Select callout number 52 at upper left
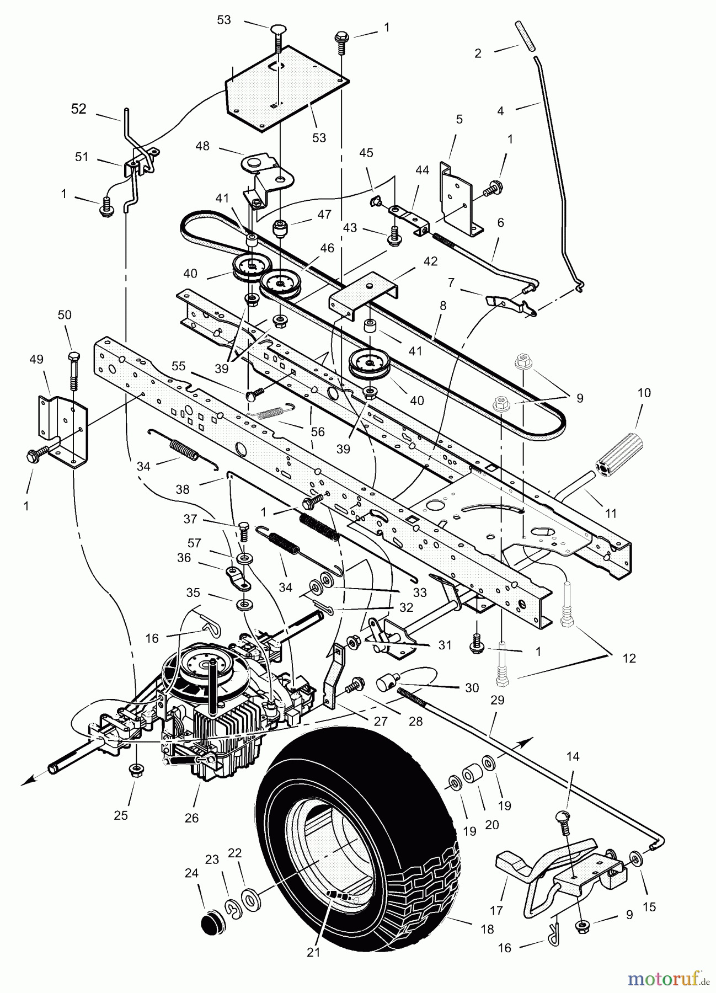tap(79, 109)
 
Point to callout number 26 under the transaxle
tap(191, 818)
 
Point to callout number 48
tap(202, 146)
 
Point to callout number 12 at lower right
tap(629, 658)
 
